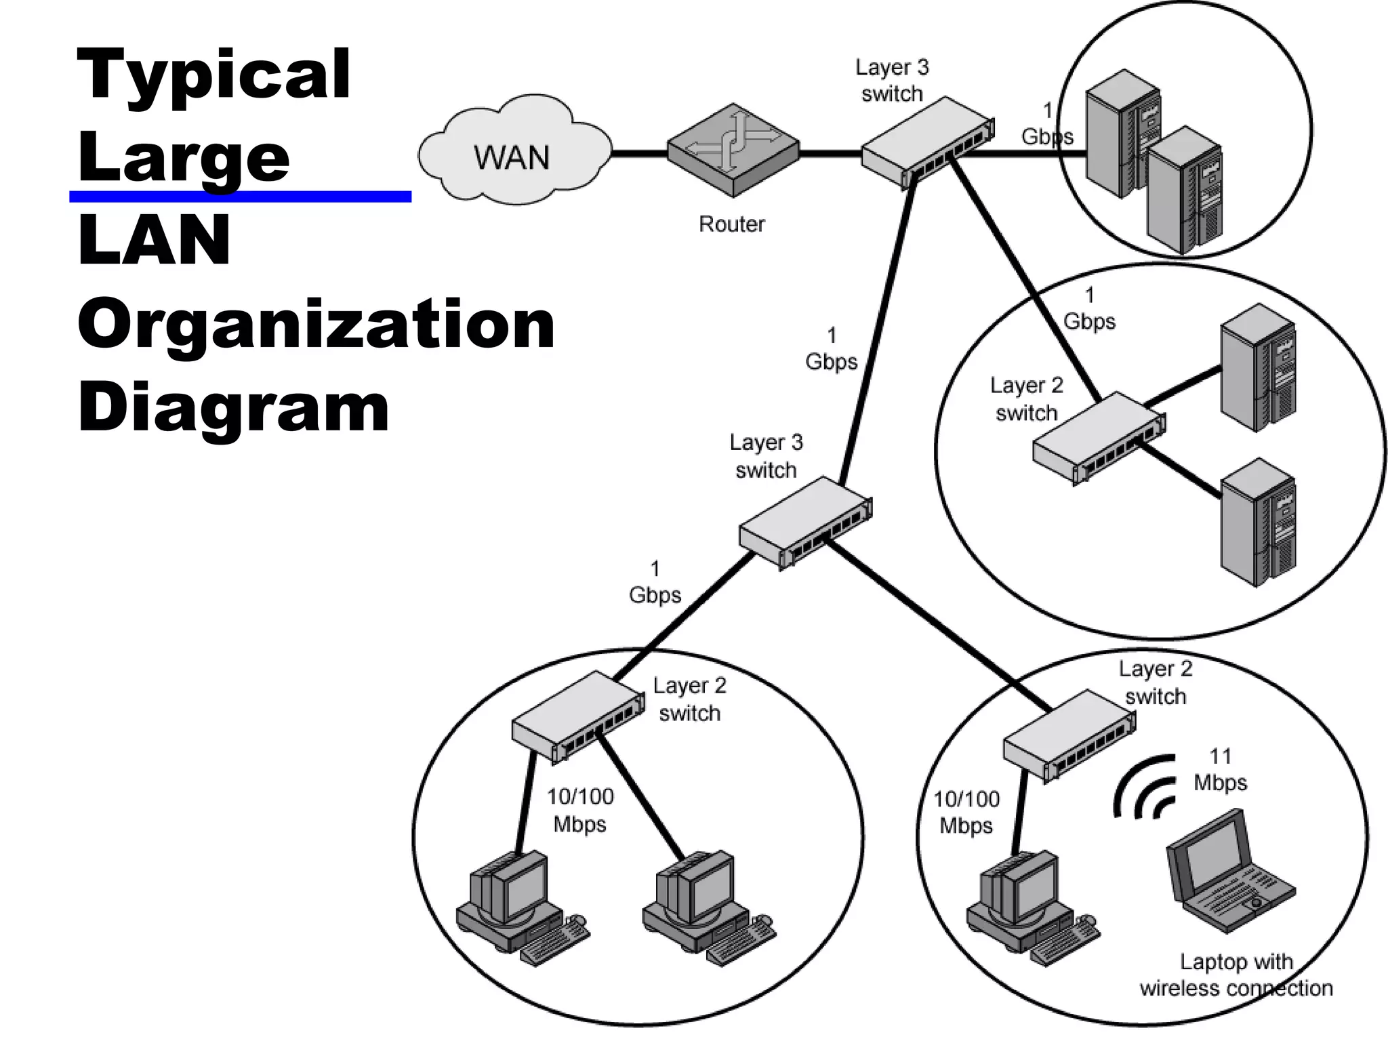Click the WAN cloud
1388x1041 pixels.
(x=513, y=155)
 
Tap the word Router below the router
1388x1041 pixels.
(x=731, y=224)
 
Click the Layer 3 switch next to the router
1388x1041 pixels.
(x=927, y=144)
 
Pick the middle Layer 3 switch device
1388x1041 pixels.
(x=804, y=522)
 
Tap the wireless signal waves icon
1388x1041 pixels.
(x=1145, y=786)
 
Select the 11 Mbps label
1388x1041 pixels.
(x=1220, y=769)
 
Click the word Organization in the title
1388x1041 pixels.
(x=316, y=325)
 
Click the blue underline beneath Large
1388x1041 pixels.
(x=240, y=197)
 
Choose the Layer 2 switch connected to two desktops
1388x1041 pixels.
(x=577, y=717)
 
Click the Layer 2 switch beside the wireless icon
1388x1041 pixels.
(x=1068, y=736)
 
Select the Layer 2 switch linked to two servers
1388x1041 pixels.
(x=1098, y=437)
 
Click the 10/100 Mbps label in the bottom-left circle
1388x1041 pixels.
(x=580, y=810)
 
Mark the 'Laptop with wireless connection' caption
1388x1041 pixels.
(x=1236, y=975)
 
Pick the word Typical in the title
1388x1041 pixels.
(x=214, y=75)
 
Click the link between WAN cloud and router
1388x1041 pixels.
(x=638, y=153)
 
